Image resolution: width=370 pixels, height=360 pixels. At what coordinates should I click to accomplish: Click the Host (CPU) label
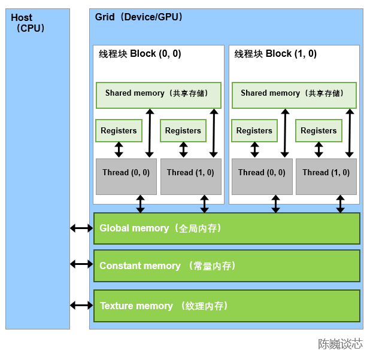pos(28,23)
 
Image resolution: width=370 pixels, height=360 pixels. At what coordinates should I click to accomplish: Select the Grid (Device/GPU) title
pos(138,17)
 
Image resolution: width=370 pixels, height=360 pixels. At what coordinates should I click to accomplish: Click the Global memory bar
pos(226,228)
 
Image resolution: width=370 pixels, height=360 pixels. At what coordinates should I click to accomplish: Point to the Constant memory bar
pos(226,266)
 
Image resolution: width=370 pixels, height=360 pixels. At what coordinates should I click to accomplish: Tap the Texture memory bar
pos(226,306)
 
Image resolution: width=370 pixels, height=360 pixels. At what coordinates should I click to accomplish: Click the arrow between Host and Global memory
pos(81,228)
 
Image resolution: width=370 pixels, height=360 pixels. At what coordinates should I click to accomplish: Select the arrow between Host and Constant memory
pos(81,264)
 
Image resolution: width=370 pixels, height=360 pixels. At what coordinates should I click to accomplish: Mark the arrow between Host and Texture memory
pos(81,305)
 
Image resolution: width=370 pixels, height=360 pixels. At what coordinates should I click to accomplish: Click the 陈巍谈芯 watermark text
pos(340,344)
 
